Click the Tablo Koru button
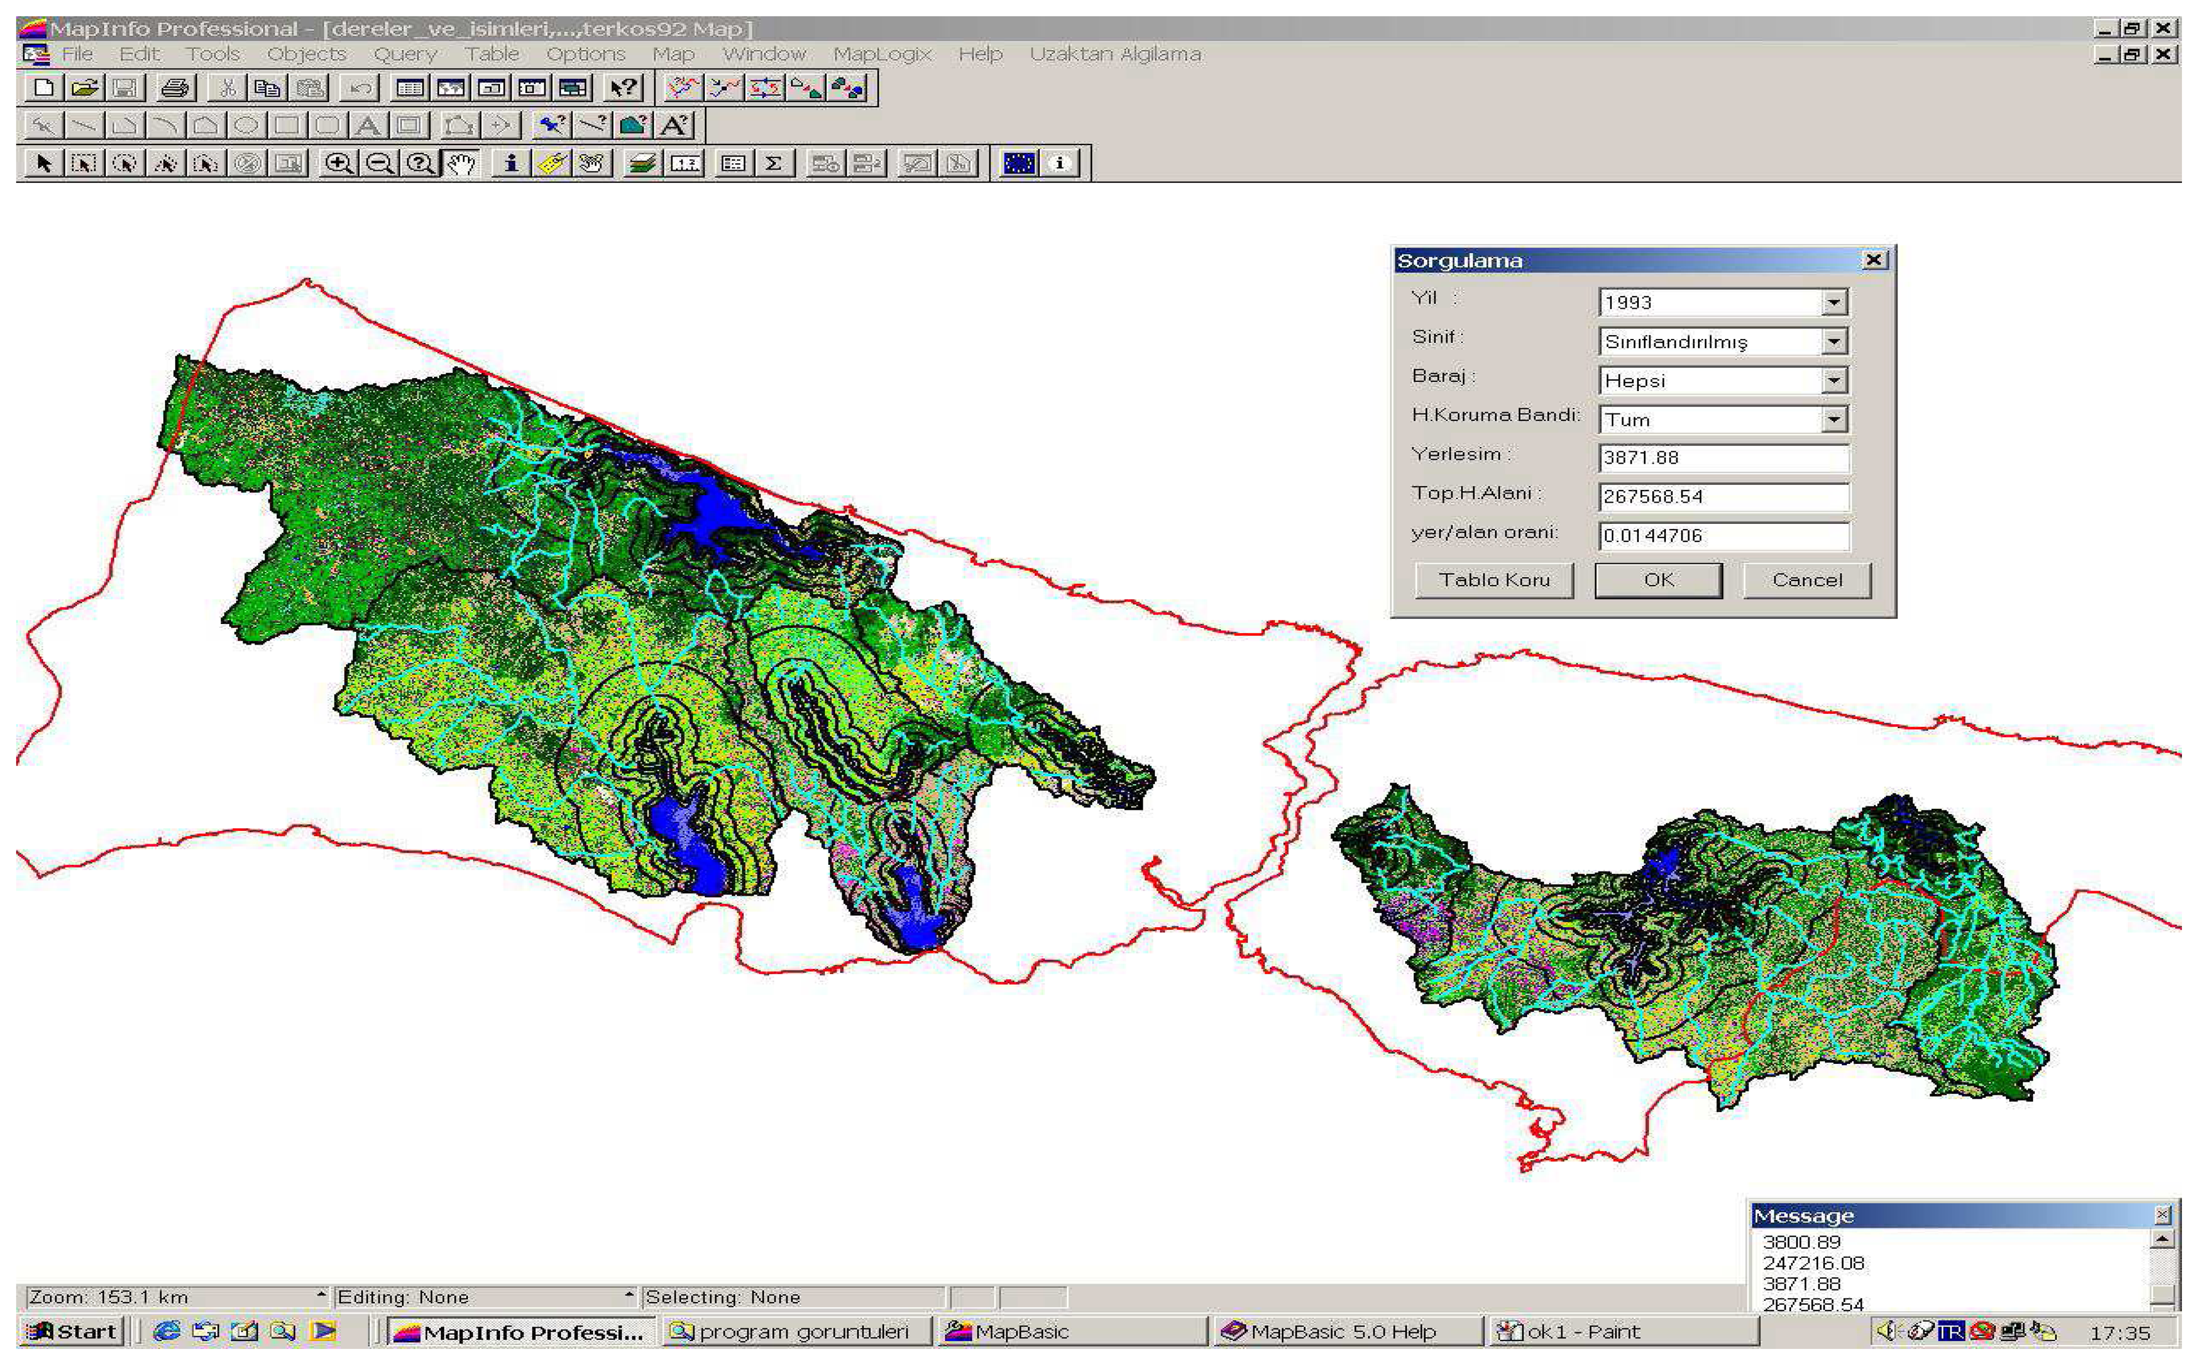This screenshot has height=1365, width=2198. click(x=1493, y=580)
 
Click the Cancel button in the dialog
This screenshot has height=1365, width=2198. click(x=1806, y=580)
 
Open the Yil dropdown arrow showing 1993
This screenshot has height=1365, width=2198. click(x=1833, y=302)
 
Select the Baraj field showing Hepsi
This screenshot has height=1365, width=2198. click(x=1711, y=381)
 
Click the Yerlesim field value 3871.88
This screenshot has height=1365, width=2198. click(x=1722, y=458)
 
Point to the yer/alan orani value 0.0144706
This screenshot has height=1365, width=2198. click(x=1722, y=535)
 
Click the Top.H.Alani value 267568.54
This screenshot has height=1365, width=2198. click(x=1722, y=496)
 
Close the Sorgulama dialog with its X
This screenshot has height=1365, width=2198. click(x=1874, y=260)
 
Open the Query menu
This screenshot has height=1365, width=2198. click(x=404, y=54)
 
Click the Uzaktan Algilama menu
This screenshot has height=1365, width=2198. click(x=1115, y=54)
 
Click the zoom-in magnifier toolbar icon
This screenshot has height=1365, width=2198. click(x=338, y=164)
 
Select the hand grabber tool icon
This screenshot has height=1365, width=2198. click(x=462, y=164)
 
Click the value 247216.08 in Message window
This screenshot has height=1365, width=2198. click(x=1813, y=1263)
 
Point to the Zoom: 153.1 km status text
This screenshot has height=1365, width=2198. click(x=108, y=1298)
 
